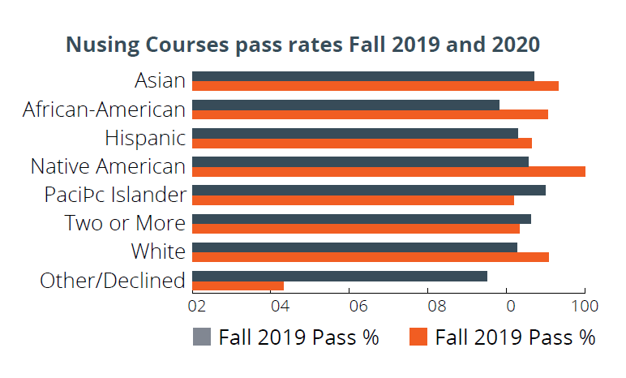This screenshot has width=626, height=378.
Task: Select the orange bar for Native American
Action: coord(388,171)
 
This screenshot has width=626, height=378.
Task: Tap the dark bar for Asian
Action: coord(363,76)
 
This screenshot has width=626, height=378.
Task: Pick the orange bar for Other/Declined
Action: coord(238,286)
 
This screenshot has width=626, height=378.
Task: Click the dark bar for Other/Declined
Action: coord(340,276)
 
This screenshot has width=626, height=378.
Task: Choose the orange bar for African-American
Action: coord(370,114)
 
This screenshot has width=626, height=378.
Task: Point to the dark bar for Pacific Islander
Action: coord(369,190)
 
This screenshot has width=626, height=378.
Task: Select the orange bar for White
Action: coord(371,257)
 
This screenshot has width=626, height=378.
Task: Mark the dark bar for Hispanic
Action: coord(355,133)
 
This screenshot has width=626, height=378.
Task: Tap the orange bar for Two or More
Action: coord(356,229)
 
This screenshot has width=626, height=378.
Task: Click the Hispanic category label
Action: coord(145,138)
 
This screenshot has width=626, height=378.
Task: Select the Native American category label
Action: coord(108,166)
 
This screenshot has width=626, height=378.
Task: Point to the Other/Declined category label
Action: coord(113,281)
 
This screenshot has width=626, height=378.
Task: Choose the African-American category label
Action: coord(105,110)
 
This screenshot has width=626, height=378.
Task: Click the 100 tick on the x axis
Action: coord(585,307)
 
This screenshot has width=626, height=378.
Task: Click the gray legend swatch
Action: coord(202,337)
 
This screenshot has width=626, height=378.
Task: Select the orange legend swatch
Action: coord(418,337)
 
